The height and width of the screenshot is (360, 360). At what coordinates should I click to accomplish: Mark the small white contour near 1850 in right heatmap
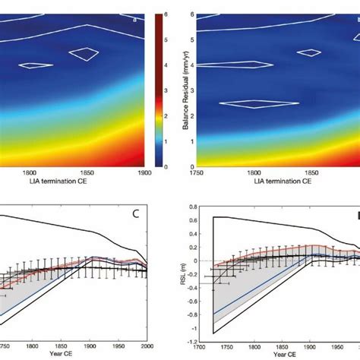(x=309, y=52)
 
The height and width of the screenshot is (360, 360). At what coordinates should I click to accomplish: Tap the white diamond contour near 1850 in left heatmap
(x=84, y=53)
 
